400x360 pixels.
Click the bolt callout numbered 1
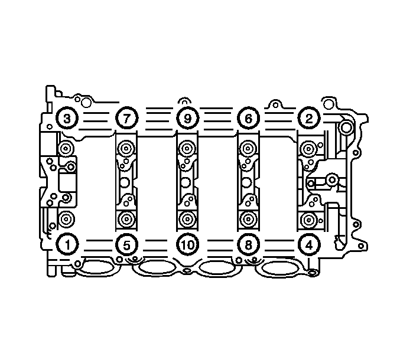tap(67, 245)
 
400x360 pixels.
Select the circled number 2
tap(309, 119)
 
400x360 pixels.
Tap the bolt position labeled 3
tap(67, 119)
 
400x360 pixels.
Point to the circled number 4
tap(309, 245)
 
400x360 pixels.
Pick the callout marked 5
tap(127, 245)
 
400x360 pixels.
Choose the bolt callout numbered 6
tap(248, 119)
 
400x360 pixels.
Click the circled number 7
tap(127, 119)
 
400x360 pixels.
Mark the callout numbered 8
tap(248, 245)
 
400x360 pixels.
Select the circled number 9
tap(187, 119)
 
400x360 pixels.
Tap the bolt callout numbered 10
tap(187, 245)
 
